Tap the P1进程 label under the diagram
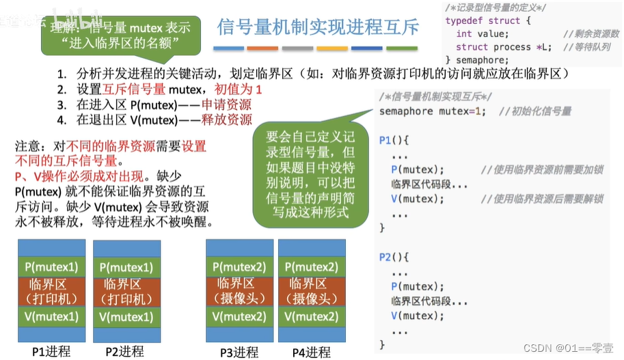pyautogui.click(x=51, y=351)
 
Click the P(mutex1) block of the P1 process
pyautogui.click(x=51, y=266)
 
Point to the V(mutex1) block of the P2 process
pyautogui.click(x=126, y=317)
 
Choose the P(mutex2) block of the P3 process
pyautogui.click(x=239, y=266)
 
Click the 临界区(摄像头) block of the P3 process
pyautogui.click(x=239, y=291)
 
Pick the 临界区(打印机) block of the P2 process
pyautogui.click(x=126, y=291)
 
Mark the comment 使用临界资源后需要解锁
pyautogui.click(x=541, y=199)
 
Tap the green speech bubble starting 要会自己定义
pyautogui.click(x=310, y=174)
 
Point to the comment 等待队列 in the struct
pyautogui.click(x=592, y=47)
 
